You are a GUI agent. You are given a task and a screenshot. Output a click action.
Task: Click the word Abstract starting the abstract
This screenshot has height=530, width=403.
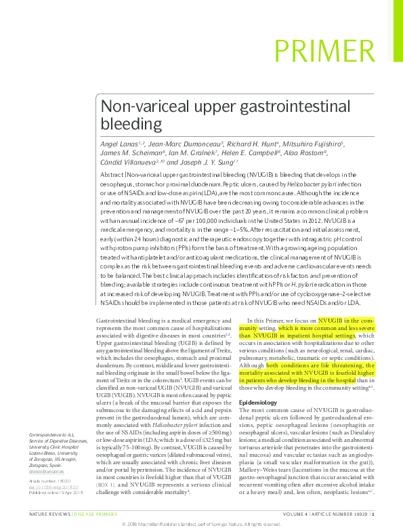pos(112,175)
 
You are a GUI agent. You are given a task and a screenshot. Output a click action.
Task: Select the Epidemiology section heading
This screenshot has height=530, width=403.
pos(259,402)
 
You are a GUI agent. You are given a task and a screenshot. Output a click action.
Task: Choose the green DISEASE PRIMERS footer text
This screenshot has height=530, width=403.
pos(96,515)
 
